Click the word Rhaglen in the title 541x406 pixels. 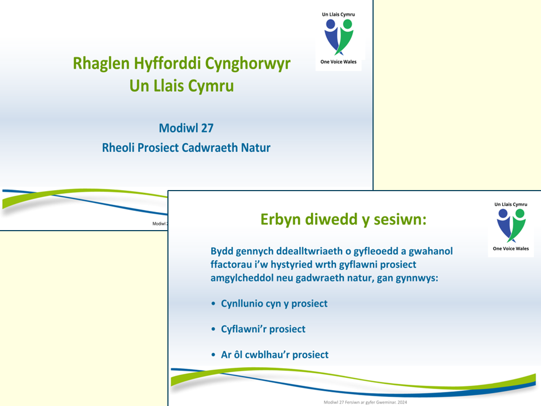[101, 64]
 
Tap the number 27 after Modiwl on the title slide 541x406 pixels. [207, 128]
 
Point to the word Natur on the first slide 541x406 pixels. [256, 148]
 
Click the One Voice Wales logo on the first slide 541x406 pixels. [339, 38]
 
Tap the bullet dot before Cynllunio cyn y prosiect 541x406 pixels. [213, 303]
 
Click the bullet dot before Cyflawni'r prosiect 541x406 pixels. [213, 329]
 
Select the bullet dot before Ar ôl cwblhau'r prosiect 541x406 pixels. [213, 355]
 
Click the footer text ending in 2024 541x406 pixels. [365, 402]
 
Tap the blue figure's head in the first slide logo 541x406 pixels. [331, 24]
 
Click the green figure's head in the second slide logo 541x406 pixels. [520, 213]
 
